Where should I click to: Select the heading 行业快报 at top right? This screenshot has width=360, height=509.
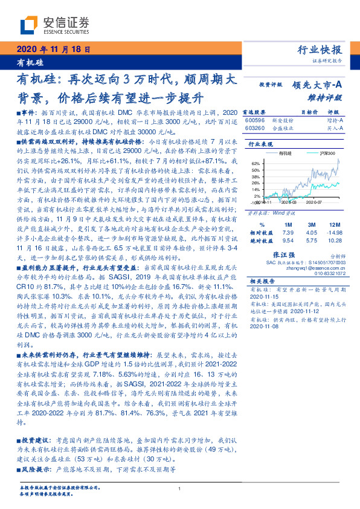320,50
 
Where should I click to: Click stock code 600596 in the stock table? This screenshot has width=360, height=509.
255,121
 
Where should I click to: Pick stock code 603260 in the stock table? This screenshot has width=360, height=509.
255,128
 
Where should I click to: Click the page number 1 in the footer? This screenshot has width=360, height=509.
180,489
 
